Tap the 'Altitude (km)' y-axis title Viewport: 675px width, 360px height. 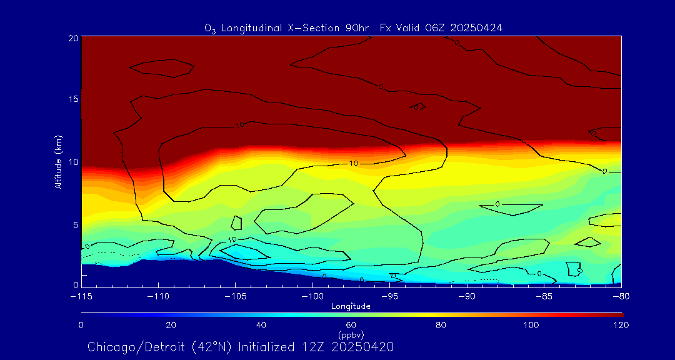58,162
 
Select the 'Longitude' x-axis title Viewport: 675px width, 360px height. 351,306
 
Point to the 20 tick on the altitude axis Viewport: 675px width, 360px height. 72,38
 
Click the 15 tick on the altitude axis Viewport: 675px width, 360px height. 72,100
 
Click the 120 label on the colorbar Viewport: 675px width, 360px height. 621,325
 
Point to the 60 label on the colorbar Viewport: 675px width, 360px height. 351,325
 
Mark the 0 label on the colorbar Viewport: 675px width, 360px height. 81,325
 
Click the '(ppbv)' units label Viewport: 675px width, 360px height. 351,334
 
